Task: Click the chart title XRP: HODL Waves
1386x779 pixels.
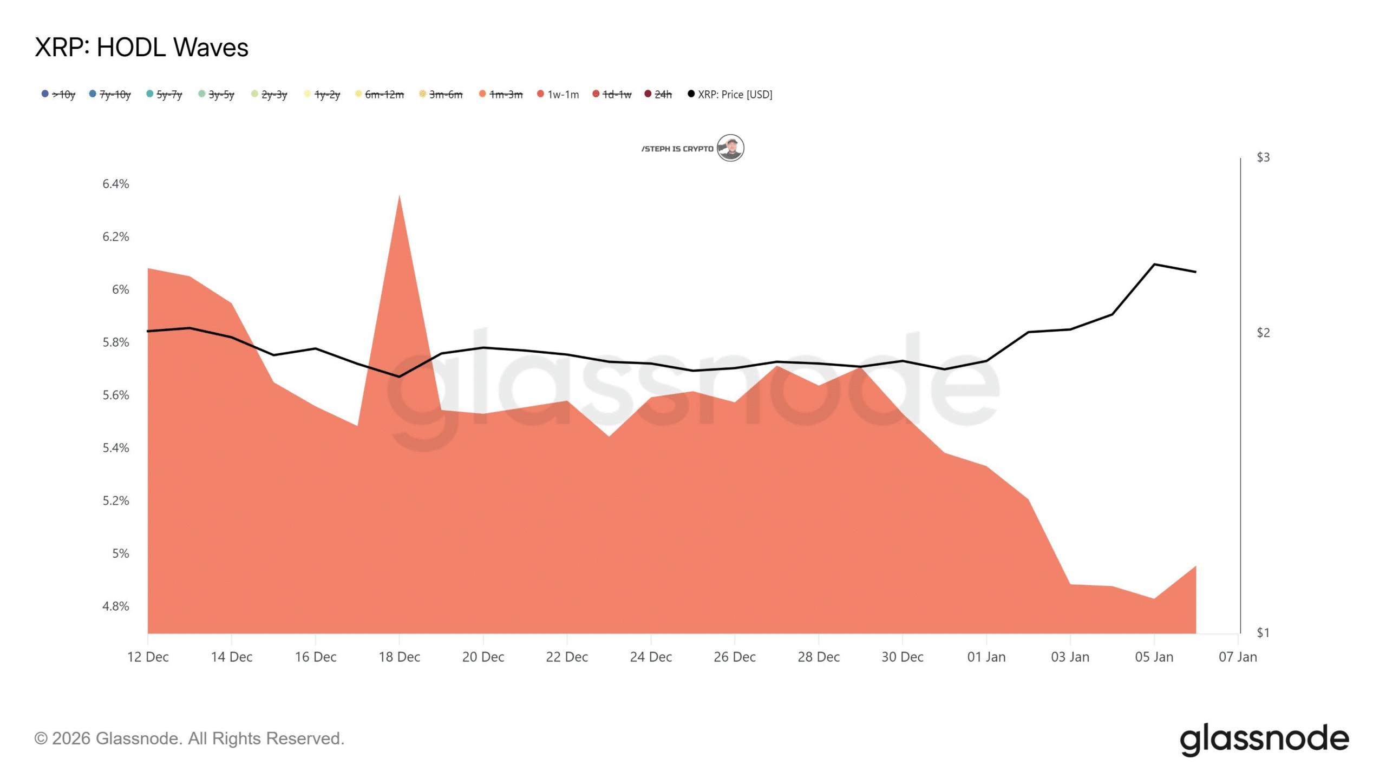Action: pos(141,48)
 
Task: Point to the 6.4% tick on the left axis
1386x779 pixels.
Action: pos(116,184)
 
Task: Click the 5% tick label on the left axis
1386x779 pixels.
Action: pos(121,553)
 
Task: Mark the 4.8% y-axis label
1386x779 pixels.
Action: pos(116,606)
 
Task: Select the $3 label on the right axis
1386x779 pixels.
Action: pos(1263,157)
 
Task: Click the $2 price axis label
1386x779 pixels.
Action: pos(1263,333)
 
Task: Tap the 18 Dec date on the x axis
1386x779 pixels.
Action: pos(399,657)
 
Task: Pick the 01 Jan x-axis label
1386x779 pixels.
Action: pos(986,657)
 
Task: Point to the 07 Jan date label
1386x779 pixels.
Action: pos(1238,657)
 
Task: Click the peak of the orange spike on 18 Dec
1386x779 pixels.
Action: pos(399,196)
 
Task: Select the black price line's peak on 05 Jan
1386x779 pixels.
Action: pos(1154,265)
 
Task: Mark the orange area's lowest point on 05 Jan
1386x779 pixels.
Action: pos(1154,598)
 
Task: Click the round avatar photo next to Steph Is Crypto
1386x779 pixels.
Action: pos(730,148)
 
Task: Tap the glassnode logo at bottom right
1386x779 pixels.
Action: pos(1264,740)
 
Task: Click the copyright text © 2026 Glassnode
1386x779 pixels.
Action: pos(189,739)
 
